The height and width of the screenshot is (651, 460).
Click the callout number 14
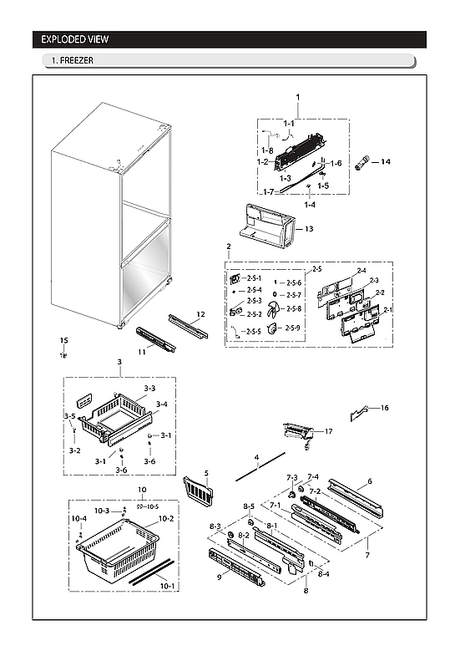(x=386, y=160)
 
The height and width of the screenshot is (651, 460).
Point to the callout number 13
(x=308, y=228)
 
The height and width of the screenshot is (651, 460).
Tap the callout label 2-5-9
(x=293, y=328)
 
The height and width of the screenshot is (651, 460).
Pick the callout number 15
(x=63, y=340)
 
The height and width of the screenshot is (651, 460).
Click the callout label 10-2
(x=166, y=518)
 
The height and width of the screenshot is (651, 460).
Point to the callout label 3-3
(x=149, y=389)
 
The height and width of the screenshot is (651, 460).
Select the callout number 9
(x=220, y=576)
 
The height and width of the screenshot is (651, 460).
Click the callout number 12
(x=200, y=314)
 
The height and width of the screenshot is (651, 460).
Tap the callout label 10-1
(x=168, y=586)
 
